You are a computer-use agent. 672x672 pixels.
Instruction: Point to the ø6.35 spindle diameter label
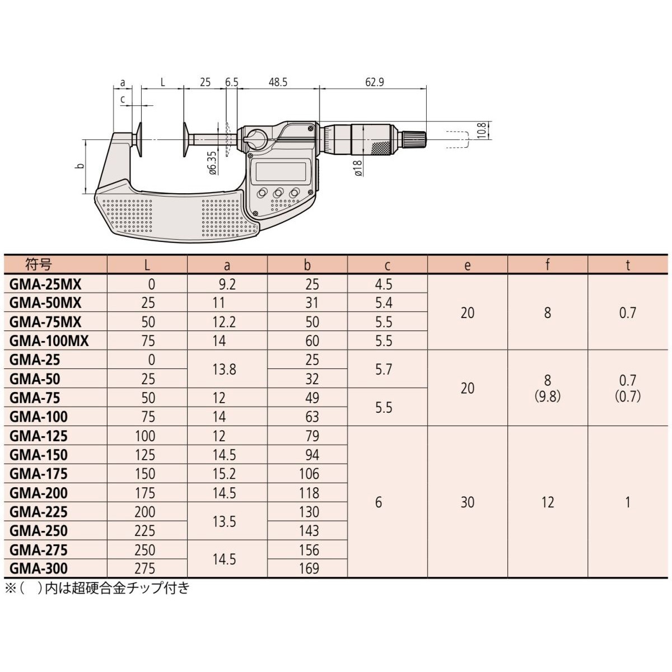click(x=212, y=163)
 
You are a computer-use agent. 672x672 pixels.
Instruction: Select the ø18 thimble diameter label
click(x=358, y=168)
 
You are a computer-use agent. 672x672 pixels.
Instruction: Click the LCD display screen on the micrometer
click(x=281, y=171)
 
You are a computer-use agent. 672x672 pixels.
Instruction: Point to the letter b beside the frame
click(x=81, y=166)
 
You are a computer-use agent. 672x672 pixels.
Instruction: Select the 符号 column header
click(x=39, y=265)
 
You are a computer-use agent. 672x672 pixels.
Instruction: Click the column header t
click(x=628, y=265)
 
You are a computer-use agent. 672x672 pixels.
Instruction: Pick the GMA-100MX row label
click(x=49, y=340)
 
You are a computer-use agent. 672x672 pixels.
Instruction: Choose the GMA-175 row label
click(x=39, y=474)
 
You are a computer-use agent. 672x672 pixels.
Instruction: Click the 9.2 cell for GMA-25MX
click(x=227, y=284)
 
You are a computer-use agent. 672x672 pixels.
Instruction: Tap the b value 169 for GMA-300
click(x=309, y=569)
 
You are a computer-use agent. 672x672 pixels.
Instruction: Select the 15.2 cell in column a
click(x=224, y=474)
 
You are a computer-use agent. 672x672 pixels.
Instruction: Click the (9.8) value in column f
click(x=548, y=396)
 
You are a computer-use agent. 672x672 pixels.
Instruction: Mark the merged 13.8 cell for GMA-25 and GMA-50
click(x=224, y=369)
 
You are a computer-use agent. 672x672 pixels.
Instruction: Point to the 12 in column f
click(x=548, y=502)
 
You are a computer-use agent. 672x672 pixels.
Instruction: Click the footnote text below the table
click(x=97, y=589)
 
